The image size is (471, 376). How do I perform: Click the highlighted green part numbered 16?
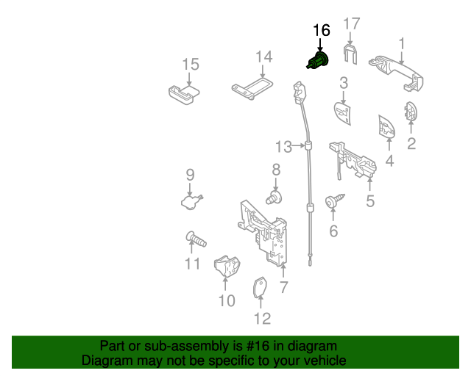pos(319,60)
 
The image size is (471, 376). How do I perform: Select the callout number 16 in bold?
pos(322,31)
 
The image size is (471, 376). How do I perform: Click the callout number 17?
pos(352,23)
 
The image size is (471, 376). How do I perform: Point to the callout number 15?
pos(191,64)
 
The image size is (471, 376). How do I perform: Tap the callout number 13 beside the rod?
pos(284,146)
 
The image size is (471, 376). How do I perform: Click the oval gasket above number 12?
pos(260,288)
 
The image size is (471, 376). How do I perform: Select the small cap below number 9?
pos(191,200)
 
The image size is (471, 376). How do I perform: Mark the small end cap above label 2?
pos(411,112)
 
